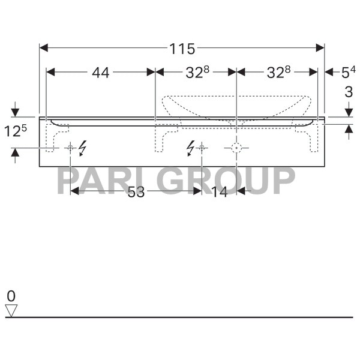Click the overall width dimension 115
(182, 49)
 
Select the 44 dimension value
(101, 73)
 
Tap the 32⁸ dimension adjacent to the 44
(197, 73)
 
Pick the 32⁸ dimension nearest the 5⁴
(278, 73)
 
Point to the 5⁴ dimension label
(348, 73)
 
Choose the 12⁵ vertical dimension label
(16, 131)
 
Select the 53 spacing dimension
(136, 191)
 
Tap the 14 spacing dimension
(219, 191)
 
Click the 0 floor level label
(11, 296)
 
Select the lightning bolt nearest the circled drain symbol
(191, 147)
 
